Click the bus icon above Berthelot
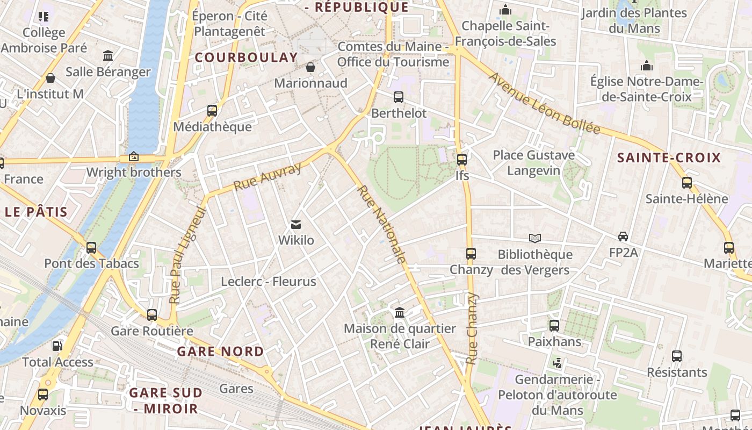[x=399, y=97]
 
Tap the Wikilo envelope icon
[x=296, y=225]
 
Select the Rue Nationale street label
[x=381, y=225]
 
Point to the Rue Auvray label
[x=268, y=177]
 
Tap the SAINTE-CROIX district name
[x=669, y=157]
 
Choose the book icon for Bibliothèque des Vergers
[x=534, y=238]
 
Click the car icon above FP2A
[x=623, y=236]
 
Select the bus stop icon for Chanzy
[x=471, y=253]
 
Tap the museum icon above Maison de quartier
[x=400, y=312]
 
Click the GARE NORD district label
[x=220, y=352]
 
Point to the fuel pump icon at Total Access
[x=57, y=346]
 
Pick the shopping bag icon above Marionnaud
[x=310, y=67]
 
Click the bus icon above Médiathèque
[x=212, y=111]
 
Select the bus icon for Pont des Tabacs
[x=91, y=248]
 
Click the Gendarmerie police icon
[x=558, y=364]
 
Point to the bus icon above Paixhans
[x=554, y=326]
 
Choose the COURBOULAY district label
[x=246, y=58]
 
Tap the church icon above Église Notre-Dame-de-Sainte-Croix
[x=647, y=66]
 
